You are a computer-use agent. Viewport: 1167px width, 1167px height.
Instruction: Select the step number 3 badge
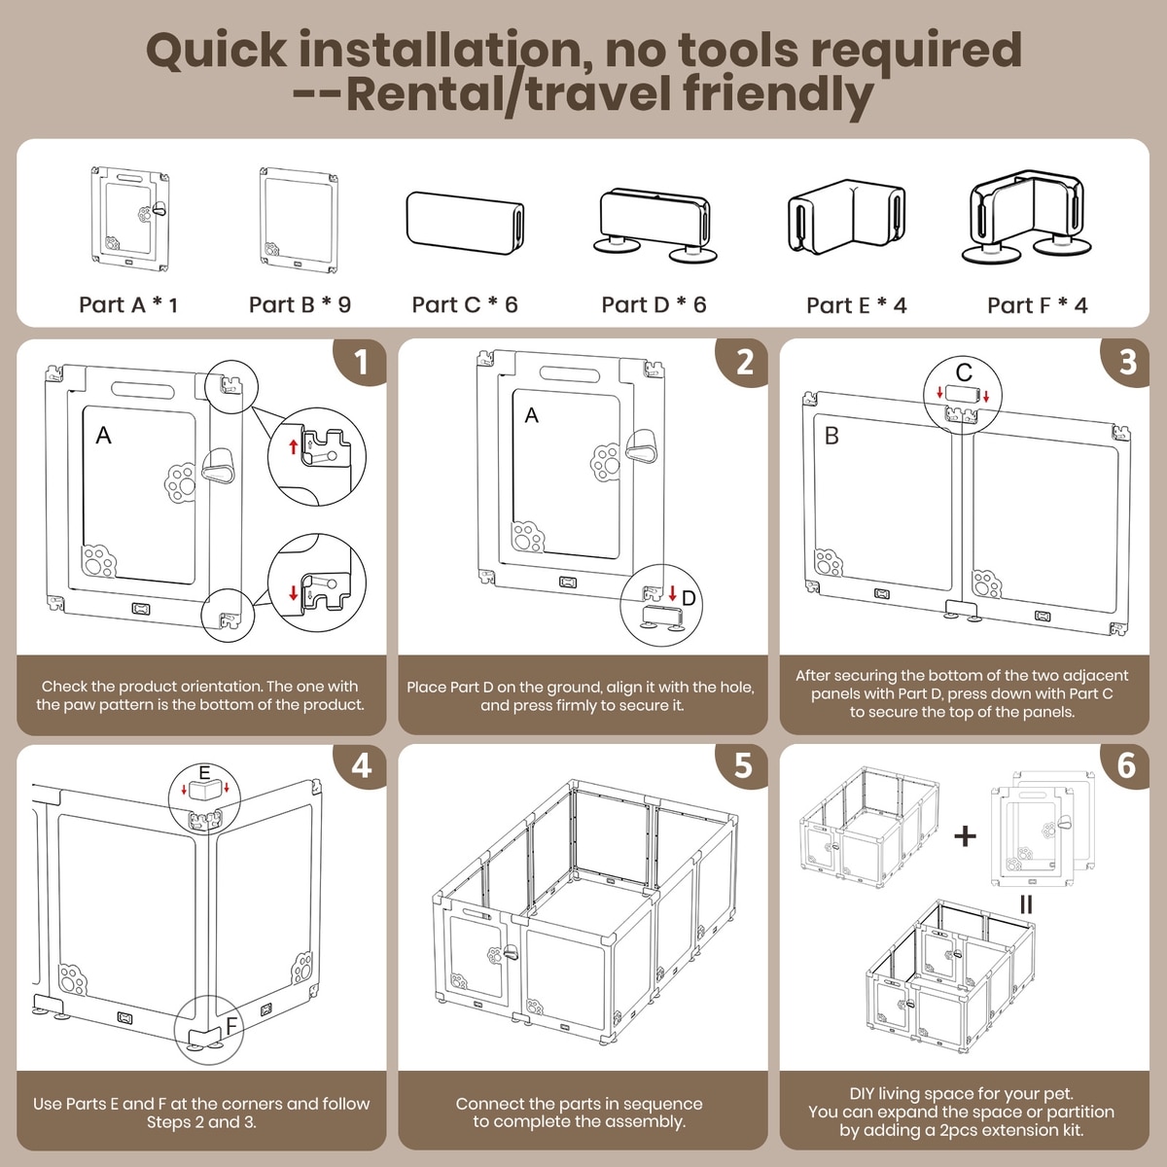pos(1125,362)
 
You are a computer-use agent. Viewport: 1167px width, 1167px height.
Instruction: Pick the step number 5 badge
pos(742,766)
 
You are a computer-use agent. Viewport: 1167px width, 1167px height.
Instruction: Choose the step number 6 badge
pos(1125,766)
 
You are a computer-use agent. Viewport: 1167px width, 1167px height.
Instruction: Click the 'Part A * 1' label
pos(128,304)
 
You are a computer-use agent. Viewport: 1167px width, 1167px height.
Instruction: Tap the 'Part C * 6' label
pos(465,304)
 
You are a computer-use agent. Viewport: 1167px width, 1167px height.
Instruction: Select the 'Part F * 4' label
pos(1037,305)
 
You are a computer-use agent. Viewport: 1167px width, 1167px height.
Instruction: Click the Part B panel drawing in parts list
pos(299,220)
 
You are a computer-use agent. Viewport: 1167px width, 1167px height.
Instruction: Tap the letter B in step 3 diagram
pos(831,436)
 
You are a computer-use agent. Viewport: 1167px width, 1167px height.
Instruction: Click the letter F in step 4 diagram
pos(230,1025)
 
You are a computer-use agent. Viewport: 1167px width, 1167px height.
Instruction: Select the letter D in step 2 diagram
pos(689,598)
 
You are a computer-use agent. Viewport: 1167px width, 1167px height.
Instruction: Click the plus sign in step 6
pos(965,836)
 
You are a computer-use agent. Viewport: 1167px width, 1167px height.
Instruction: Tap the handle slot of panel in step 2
pos(570,373)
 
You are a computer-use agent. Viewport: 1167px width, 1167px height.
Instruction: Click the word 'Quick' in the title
pos(216,51)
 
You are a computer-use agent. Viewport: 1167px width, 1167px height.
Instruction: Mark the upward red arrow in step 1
pos(294,447)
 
